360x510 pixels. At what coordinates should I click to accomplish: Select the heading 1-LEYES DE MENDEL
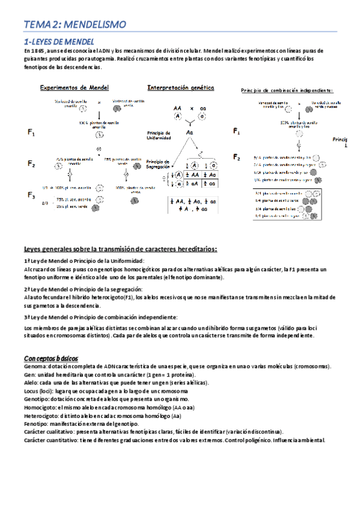(x=59, y=42)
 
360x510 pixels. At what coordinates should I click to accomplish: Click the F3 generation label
(x=31, y=195)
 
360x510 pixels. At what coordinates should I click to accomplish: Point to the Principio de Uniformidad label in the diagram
(x=159, y=135)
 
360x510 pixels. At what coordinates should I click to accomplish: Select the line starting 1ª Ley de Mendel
(x=84, y=260)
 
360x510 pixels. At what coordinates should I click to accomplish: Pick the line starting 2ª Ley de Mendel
(x=84, y=289)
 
